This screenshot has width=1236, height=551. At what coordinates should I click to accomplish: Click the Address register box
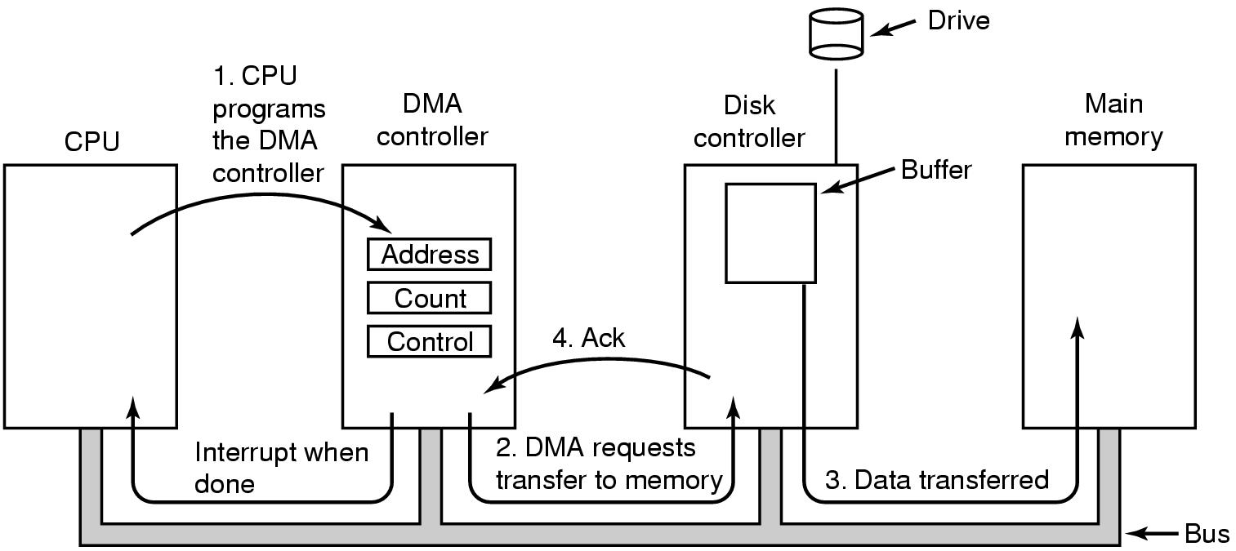coord(429,255)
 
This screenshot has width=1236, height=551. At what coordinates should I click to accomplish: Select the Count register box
coord(429,298)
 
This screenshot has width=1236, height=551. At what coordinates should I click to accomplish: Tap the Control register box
coord(429,341)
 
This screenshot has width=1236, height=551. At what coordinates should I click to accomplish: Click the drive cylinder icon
coord(836,33)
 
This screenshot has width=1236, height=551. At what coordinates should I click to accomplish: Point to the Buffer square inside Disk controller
coord(770,233)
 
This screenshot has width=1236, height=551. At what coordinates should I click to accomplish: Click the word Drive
coord(958,20)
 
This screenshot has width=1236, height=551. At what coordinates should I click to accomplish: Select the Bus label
coord(1207,534)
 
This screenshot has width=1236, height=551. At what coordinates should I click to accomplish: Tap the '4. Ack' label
coord(588,338)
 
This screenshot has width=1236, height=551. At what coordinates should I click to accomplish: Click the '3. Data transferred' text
coord(936,480)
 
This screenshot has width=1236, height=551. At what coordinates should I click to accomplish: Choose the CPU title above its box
coord(91,142)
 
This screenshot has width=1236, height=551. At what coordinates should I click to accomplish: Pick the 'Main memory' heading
coord(1113,121)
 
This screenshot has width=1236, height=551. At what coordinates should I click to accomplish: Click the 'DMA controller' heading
coord(432,120)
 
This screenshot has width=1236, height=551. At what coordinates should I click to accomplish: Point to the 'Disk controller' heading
coord(749,122)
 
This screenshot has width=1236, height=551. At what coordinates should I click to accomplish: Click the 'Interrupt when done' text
coord(281,468)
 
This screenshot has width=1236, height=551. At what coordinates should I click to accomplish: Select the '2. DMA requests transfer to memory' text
coord(609,464)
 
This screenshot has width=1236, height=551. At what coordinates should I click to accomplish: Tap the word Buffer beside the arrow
coord(936,171)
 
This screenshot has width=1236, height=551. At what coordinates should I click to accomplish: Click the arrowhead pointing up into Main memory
coord(1078,327)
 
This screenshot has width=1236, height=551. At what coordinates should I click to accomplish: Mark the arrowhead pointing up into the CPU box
coord(132,407)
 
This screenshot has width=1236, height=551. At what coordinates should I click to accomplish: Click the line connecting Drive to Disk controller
coord(836,114)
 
